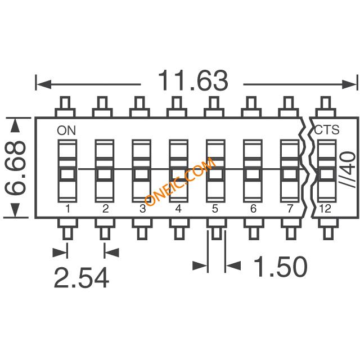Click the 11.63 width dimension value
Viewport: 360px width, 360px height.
[193, 80]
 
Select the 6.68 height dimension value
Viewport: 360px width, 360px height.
[15, 168]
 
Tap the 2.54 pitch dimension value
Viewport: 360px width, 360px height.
[82, 277]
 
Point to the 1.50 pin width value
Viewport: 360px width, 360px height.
[280, 266]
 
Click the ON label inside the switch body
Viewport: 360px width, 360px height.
[66, 130]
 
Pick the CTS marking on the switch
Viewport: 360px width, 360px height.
[326, 130]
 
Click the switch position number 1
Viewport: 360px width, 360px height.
[67, 209]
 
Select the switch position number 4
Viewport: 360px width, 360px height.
[178, 209]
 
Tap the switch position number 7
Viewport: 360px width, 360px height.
[290, 209]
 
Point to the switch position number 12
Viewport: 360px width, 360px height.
[325, 209]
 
